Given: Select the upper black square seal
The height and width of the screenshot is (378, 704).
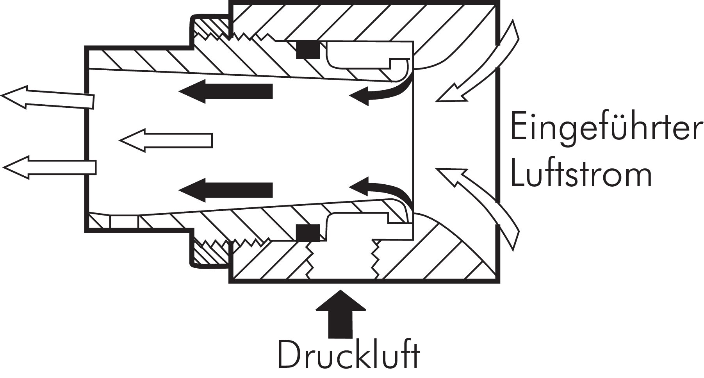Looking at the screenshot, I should (x=308, y=50).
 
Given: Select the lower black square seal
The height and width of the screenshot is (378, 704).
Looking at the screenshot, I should (x=308, y=233).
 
